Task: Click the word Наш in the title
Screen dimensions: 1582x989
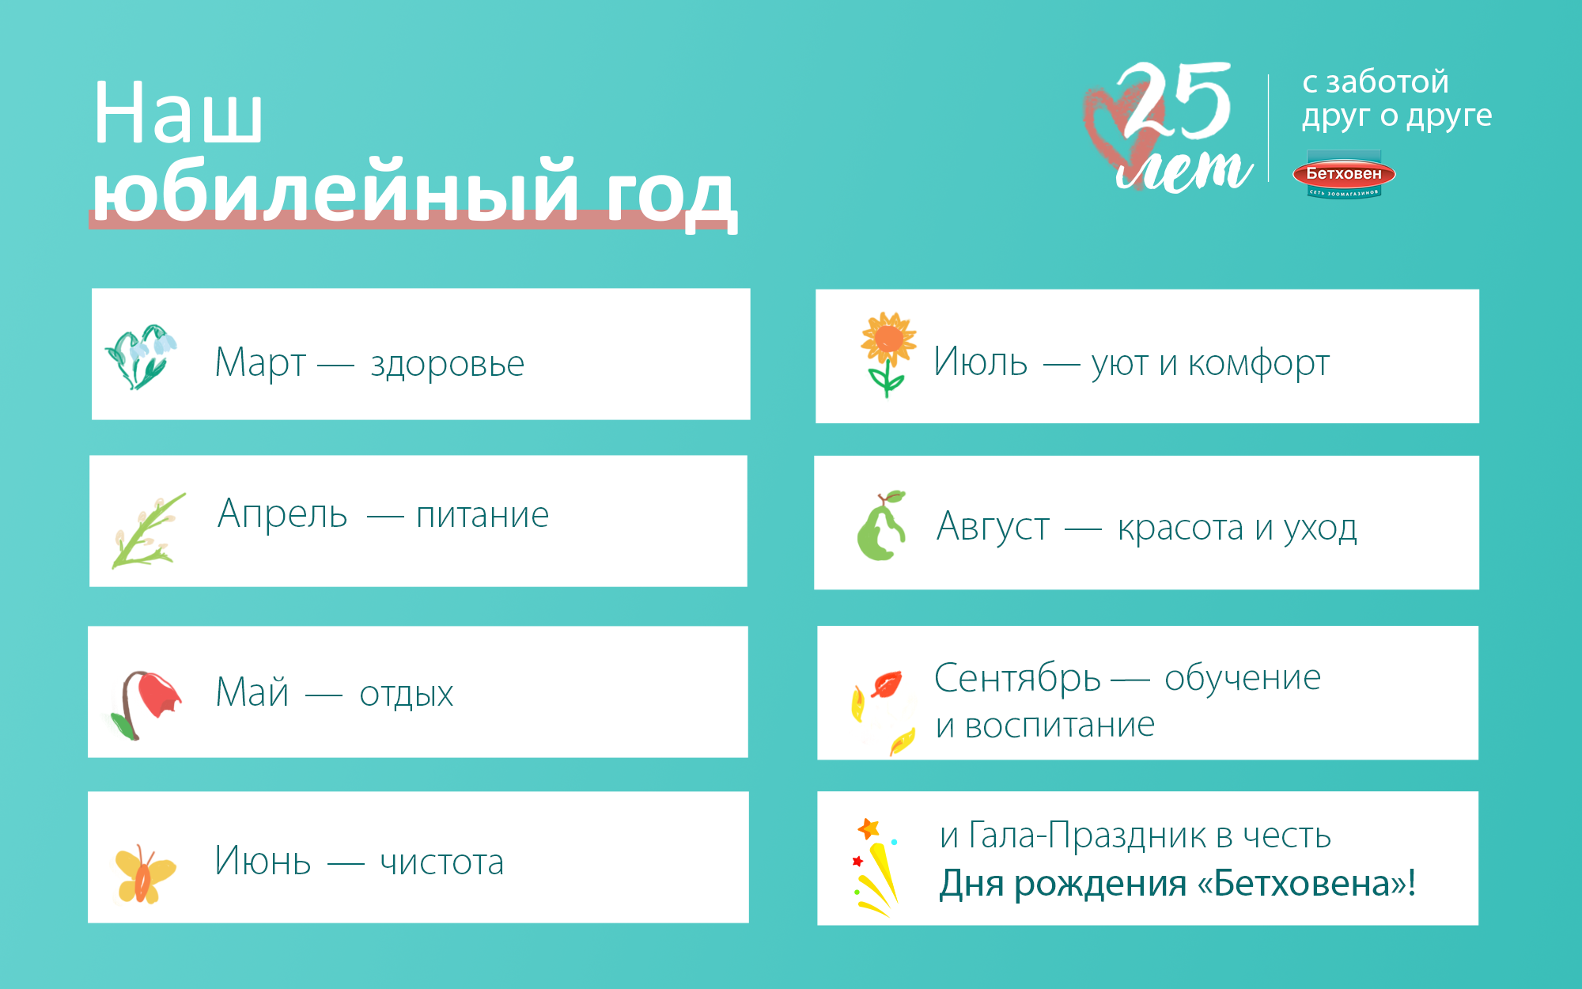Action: pyautogui.click(x=177, y=112)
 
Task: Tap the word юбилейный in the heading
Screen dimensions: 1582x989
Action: pyautogui.click(x=336, y=190)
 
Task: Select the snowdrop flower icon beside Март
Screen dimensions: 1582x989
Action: pyautogui.click(x=141, y=356)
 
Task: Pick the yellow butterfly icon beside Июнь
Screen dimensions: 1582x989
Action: pyautogui.click(x=145, y=873)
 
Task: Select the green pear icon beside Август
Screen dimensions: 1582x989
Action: pyautogui.click(x=881, y=525)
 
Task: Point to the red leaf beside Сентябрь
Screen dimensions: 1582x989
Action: pyautogui.click(x=887, y=684)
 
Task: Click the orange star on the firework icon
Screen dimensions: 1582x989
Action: pyautogui.click(x=869, y=828)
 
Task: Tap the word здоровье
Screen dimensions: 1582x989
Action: pyautogui.click(x=448, y=364)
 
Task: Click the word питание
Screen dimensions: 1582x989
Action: pyautogui.click(x=483, y=515)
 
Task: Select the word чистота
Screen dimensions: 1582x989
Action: pyautogui.click(x=442, y=862)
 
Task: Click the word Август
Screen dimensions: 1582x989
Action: pyautogui.click(x=993, y=527)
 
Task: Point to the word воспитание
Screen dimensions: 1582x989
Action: pyautogui.click(x=1060, y=725)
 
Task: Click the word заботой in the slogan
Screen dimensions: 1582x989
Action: pyautogui.click(x=1387, y=82)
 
